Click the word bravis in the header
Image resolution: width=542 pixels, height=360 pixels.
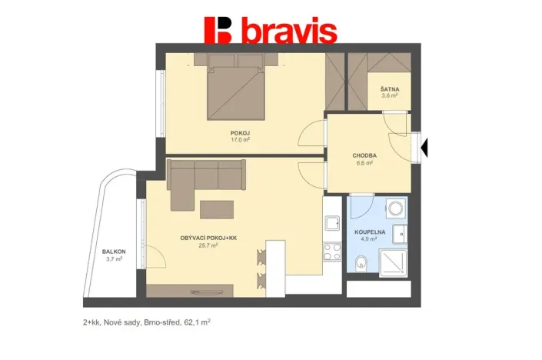point(288,31)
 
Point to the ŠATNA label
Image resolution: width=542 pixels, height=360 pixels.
point(389,89)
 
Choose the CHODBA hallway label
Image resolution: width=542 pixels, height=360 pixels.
point(364,155)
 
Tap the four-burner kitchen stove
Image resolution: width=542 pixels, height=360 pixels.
point(332,250)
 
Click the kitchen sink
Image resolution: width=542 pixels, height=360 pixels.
point(332,223)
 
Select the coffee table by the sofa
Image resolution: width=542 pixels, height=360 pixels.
point(218,209)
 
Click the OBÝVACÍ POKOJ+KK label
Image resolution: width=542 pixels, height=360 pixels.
point(209,238)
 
